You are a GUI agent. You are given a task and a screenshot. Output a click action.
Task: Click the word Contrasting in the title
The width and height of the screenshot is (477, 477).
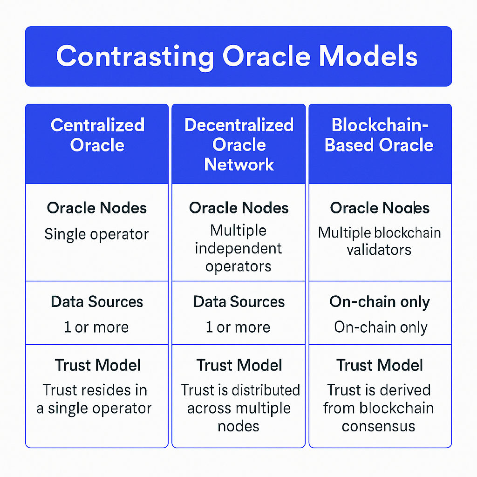[135, 56]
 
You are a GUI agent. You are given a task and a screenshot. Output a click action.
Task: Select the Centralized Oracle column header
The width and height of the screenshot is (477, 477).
[97, 135]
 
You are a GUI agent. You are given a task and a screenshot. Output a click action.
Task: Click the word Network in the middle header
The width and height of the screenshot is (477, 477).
[238, 164]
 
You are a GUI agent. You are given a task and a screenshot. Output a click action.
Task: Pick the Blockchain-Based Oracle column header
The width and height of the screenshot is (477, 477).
[380, 135]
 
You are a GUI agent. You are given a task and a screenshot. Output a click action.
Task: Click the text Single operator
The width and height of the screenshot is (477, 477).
[96, 234]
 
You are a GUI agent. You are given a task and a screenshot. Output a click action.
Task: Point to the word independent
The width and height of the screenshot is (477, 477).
[238, 248]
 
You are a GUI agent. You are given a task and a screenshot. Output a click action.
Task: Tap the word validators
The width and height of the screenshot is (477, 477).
[379, 250]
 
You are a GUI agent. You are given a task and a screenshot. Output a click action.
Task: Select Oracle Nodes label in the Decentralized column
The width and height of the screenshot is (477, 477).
[238, 208]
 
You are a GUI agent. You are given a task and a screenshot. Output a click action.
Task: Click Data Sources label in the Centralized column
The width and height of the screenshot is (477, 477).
[96, 302]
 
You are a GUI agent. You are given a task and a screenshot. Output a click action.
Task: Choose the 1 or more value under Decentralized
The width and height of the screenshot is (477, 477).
[238, 327]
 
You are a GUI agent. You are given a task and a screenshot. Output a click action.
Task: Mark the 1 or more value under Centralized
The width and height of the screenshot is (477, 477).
[96, 327]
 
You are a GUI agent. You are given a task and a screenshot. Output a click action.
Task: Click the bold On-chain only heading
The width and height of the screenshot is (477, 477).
[380, 302]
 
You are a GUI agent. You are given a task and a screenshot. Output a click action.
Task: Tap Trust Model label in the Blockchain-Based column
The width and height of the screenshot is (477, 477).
[380, 365]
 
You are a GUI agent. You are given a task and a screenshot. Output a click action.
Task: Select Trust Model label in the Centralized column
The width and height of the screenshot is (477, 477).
[97, 365]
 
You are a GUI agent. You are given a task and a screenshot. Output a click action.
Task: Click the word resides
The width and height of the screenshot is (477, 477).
[113, 390]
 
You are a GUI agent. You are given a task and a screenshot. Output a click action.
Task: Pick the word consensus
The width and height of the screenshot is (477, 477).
[378, 426]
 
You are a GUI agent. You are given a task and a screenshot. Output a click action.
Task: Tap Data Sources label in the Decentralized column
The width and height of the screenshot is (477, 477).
[238, 302]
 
